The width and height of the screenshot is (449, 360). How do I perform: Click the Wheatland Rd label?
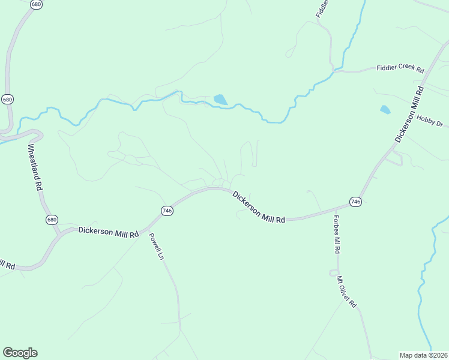coord(35,167)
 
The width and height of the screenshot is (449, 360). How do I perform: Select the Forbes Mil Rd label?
coord(337,234)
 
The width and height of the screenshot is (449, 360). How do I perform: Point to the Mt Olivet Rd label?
coord(347,292)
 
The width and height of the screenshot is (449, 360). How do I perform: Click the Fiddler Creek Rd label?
coord(400,69)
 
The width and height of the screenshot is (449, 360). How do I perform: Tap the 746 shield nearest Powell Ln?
coord(167,210)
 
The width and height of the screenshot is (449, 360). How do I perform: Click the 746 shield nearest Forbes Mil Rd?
coord(356,202)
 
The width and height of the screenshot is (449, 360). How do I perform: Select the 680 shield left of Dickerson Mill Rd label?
coord(52,220)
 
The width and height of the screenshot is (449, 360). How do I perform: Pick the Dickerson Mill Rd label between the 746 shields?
coord(259,207)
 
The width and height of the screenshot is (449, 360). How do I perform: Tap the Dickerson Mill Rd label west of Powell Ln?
coord(109,230)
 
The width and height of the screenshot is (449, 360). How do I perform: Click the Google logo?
coord(20,352)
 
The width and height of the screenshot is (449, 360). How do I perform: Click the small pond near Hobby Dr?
coord(385,110)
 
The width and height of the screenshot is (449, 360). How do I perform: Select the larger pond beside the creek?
coord(220,100)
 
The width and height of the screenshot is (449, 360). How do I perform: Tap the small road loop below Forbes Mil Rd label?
coord(333,272)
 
